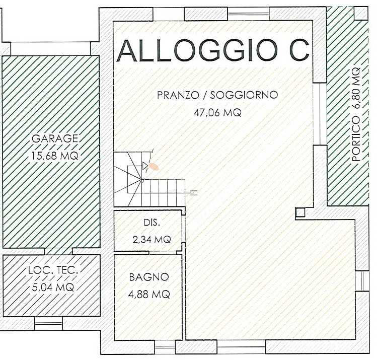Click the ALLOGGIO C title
pos(213,50)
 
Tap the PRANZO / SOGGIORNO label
pos(217,95)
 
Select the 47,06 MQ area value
pos(217,112)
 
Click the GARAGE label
pos(55,138)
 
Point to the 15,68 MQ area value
pos(55,156)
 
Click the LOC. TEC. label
pos(53,270)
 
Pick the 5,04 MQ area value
pos(53,287)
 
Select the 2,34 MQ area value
pos(152,239)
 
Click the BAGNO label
pos(149,277)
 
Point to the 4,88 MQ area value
pos(149,294)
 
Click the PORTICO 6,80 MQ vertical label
pos(356,114)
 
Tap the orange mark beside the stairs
pos(154,166)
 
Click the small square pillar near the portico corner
pos(300,212)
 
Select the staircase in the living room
pos(149,179)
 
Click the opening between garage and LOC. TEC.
pos(58,251)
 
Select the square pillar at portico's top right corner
pos(361,13)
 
